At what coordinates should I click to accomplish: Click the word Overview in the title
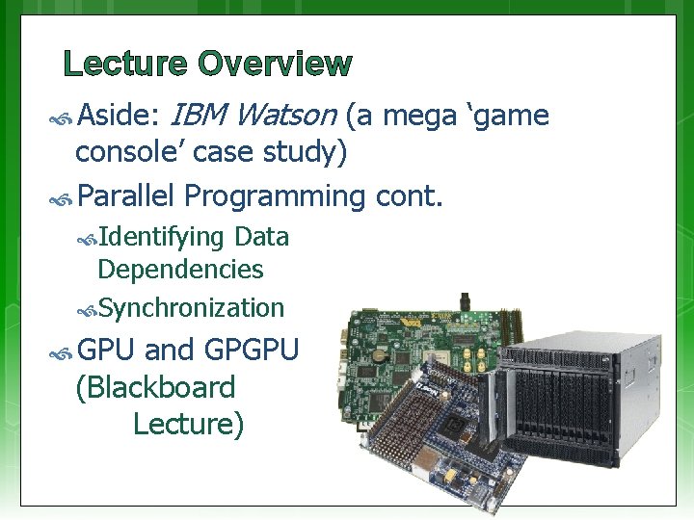click(x=276, y=65)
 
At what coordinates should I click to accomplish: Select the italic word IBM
click(x=196, y=117)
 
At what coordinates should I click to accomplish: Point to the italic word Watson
click(x=284, y=117)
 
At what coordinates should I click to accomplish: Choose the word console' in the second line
click(x=126, y=151)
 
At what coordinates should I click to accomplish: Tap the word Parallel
click(x=125, y=196)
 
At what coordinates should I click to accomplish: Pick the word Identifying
click(x=161, y=237)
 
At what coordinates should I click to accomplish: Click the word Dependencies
click(x=180, y=270)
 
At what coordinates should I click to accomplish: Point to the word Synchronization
click(x=191, y=308)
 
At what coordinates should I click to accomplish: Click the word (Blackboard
click(x=155, y=387)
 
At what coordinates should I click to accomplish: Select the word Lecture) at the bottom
click(x=188, y=423)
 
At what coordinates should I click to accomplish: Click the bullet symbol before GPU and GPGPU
click(x=63, y=351)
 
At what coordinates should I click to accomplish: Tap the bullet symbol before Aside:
click(x=63, y=118)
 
